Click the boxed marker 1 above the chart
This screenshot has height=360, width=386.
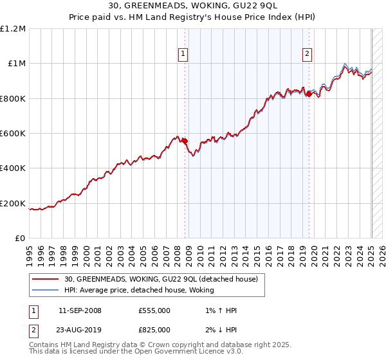pyautogui.click(x=184, y=54)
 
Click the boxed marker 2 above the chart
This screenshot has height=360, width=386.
pyautogui.click(x=308, y=54)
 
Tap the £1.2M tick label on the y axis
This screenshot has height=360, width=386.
pyautogui.click(x=13, y=28)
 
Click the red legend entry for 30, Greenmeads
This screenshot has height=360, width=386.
pyautogui.click(x=161, y=279)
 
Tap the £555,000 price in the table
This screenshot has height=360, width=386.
pyautogui.click(x=154, y=310)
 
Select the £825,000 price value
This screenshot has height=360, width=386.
pyautogui.click(x=154, y=329)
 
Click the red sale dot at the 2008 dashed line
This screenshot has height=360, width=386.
pyautogui.click(x=185, y=141)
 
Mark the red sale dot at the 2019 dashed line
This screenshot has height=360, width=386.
pyautogui.click(x=309, y=94)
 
